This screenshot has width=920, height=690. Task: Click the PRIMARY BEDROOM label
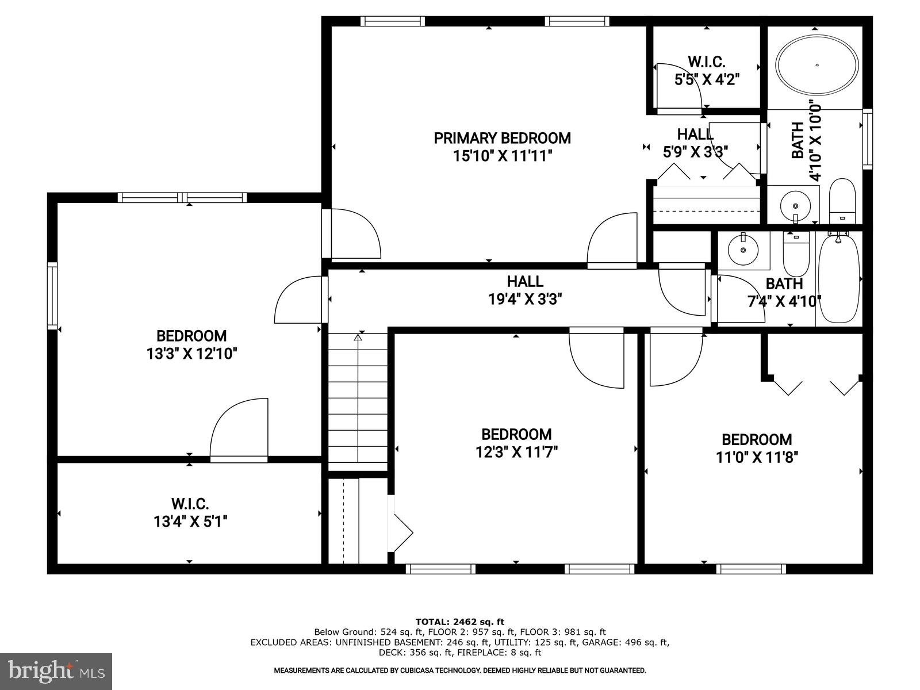point(502,138)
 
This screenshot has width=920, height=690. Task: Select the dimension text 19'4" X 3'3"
point(524,299)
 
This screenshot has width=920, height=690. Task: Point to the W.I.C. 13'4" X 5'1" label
point(190,513)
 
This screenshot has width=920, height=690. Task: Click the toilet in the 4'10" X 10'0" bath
point(842,201)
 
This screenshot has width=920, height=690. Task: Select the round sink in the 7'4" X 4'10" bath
point(743,250)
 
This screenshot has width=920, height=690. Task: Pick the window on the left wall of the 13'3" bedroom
point(52,296)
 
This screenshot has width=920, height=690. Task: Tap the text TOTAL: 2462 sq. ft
point(459,622)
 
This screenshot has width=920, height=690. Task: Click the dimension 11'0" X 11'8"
point(757,457)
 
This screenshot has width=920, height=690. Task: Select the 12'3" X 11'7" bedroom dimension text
point(516,452)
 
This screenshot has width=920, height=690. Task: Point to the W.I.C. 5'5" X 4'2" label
point(706,70)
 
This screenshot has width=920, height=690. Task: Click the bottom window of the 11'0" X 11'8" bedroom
point(751,569)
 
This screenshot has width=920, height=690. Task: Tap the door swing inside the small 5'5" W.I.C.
point(678,86)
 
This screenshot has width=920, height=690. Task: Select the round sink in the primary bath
point(796,204)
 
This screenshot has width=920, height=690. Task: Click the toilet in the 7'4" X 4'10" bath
point(796,256)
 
